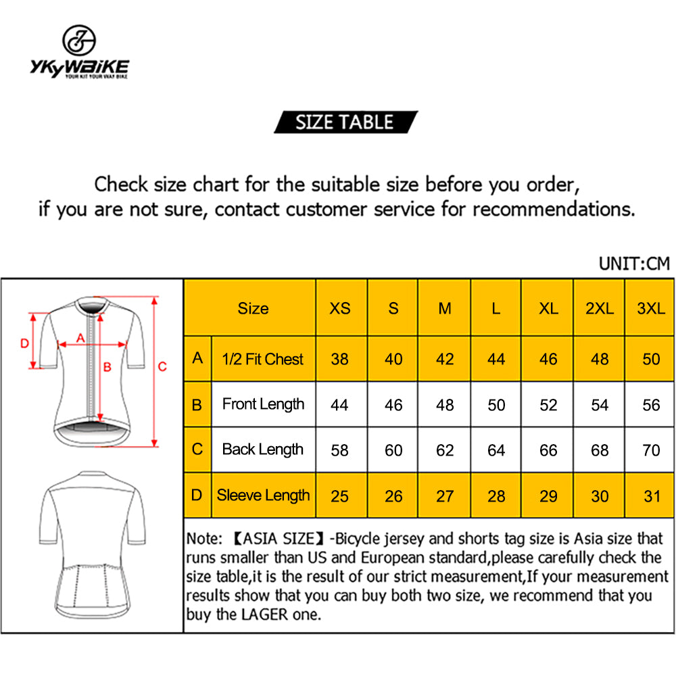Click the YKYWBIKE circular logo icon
(79, 40)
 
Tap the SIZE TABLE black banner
(345, 122)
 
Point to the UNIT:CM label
(634, 264)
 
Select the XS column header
(340, 308)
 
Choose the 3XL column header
(651, 308)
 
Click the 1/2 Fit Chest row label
(262, 359)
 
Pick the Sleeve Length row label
(263, 496)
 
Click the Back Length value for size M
(445, 450)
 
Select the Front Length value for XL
(548, 405)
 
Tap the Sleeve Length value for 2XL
(599, 496)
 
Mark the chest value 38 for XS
(339, 359)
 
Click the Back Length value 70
(651, 450)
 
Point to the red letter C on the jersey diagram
(162, 367)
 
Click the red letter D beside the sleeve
(24, 343)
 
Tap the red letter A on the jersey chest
(80, 339)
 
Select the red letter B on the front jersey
(107, 367)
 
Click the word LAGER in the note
(264, 614)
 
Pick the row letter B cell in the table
(197, 405)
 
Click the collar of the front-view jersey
(92, 306)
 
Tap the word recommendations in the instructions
(554, 209)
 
